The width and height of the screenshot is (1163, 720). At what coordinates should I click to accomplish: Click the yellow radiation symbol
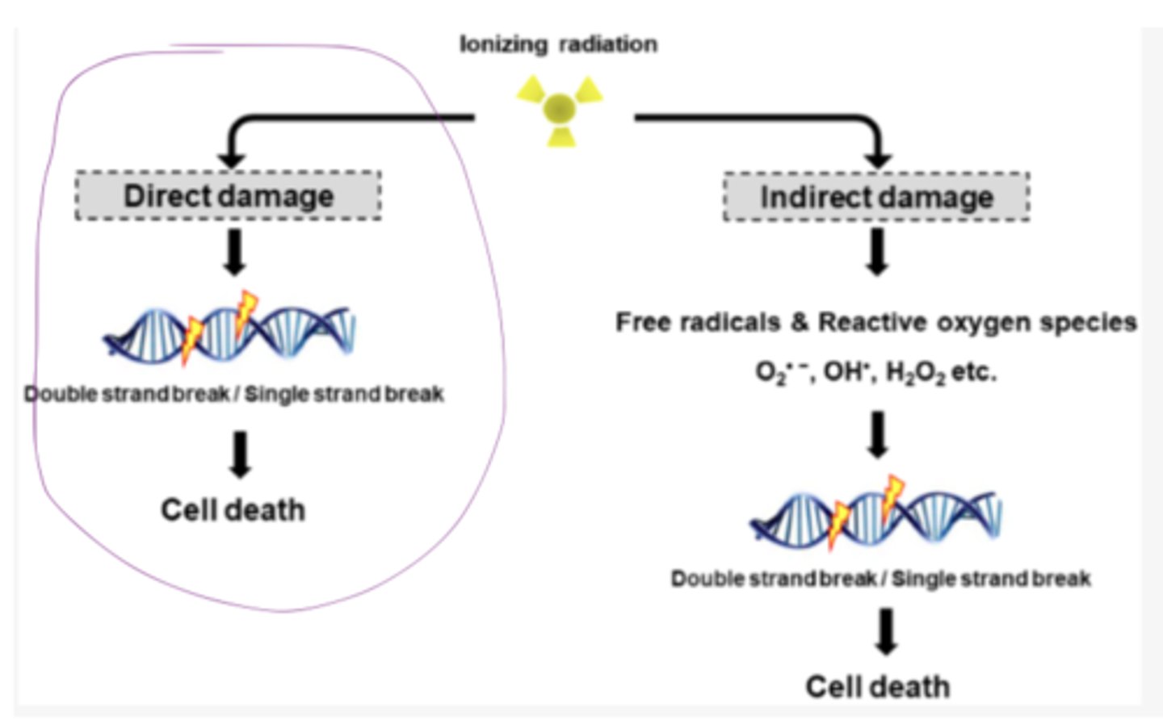560,109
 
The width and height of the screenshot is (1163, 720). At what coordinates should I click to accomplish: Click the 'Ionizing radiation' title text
558,44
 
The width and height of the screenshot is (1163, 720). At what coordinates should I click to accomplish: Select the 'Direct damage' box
229,196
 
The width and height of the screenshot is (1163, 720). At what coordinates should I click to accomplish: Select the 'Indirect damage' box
876,197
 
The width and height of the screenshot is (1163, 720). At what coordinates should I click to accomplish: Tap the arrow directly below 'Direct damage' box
234,252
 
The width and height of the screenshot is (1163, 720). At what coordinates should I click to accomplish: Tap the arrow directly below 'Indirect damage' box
877,251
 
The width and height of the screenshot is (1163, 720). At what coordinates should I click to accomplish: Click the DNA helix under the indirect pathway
876,513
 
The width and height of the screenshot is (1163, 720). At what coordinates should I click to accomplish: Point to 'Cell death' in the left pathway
233,510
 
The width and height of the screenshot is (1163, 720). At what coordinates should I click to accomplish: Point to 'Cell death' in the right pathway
877,687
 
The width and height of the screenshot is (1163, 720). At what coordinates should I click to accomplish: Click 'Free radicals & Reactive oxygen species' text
875,322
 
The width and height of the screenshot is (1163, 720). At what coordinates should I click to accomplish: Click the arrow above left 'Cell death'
240,454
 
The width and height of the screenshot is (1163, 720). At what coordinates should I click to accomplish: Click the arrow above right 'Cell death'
886,631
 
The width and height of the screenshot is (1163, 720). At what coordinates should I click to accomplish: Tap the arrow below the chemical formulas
878,434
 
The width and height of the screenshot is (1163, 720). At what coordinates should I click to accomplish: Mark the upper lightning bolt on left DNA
246,311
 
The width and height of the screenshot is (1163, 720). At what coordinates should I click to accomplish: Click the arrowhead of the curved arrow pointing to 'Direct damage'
232,159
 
